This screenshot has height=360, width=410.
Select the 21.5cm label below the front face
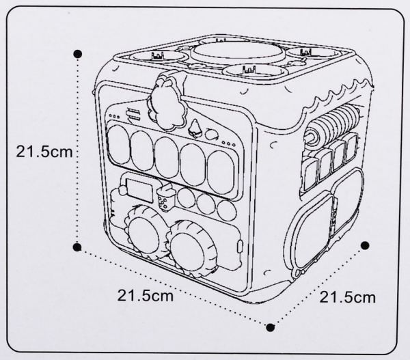click(145, 296)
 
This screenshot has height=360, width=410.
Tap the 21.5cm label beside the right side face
click(348, 297)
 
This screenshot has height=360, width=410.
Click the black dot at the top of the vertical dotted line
click(78, 53)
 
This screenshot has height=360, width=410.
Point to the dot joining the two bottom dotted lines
click(271, 327)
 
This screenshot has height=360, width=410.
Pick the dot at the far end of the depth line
click(366, 245)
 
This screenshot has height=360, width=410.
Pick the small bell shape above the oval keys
click(195, 127)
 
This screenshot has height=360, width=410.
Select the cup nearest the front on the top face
click(245, 71)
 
